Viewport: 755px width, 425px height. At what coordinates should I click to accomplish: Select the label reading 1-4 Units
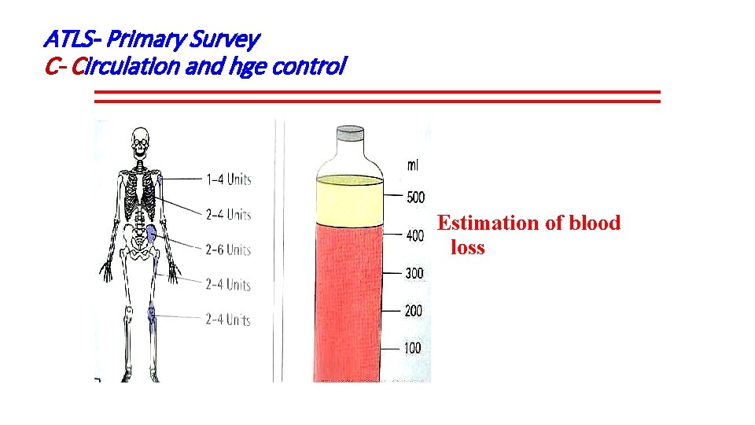click(x=228, y=179)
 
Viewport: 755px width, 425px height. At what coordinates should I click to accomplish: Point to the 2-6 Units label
click(x=228, y=249)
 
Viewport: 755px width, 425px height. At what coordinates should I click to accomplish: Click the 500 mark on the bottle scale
click(x=414, y=197)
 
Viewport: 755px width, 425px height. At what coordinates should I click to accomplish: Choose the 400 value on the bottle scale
click(x=414, y=235)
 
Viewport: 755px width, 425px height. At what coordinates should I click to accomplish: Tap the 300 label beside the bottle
click(x=414, y=273)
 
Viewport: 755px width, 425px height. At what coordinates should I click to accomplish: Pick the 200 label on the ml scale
click(x=414, y=311)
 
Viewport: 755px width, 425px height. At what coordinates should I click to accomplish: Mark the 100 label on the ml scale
click(x=413, y=348)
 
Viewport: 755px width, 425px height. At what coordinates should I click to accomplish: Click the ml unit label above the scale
click(x=413, y=165)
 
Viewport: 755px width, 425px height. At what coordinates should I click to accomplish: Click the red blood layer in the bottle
click(x=349, y=299)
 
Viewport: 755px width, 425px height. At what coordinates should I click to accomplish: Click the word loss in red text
click(x=468, y=249)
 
